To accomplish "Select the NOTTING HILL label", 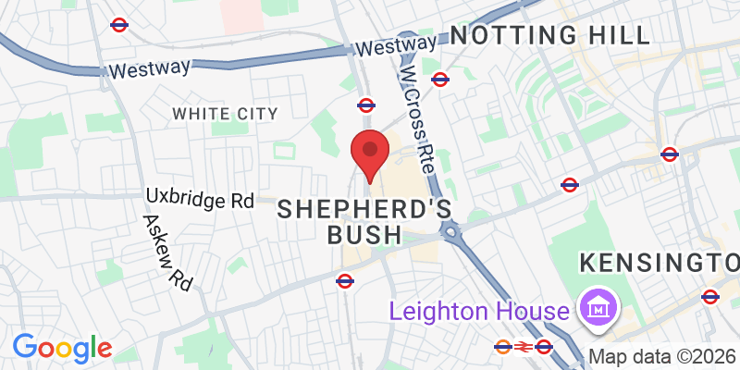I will [x=549, y=36].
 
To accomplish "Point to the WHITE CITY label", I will [x=225, y=113].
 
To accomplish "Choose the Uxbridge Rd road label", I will [x=200, y=199].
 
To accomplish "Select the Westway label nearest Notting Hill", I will [x=396, y=45].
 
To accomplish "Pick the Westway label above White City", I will [x=149, y=68].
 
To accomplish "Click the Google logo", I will [x=62, y=348].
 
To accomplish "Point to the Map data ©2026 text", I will [x=663, y=356].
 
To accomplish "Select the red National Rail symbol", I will [x=524, y=347].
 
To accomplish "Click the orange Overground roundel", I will [x=503, y=347].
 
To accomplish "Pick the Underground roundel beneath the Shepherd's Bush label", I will [x=345, y=279].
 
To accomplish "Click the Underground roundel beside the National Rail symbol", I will [x=545, y=347].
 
